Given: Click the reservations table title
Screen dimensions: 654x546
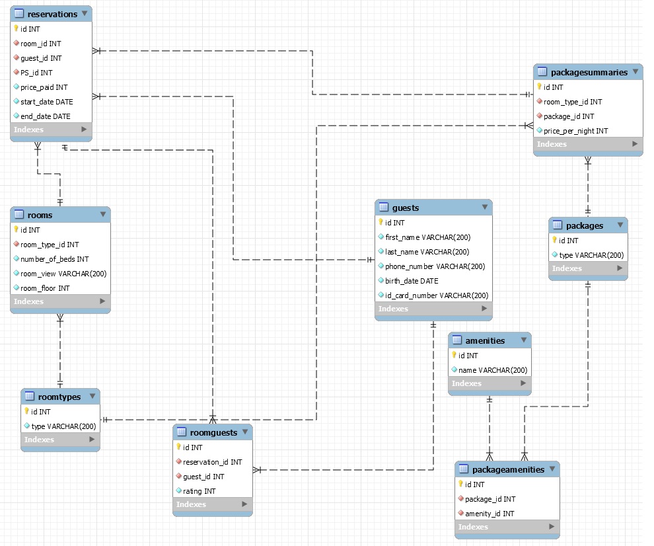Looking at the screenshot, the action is point(52,14).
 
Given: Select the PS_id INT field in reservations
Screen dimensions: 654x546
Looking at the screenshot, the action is point(36,73).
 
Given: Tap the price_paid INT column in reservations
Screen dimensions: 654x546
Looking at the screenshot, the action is point(44,87).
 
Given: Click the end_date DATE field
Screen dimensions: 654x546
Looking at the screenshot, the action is point(45,116).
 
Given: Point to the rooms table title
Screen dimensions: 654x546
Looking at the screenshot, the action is point(40,215).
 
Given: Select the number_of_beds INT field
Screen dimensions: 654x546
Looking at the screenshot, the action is point(55,259).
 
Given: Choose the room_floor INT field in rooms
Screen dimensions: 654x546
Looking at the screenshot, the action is point(45,288).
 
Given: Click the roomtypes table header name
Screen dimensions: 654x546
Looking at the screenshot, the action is point(59,397).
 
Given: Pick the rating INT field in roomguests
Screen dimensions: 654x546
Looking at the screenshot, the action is point(199,491).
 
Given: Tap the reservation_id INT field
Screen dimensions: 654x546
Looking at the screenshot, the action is point(212,462).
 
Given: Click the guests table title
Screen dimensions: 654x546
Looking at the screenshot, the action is point(406,208).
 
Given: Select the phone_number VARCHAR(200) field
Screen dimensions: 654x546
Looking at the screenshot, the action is point(435,266).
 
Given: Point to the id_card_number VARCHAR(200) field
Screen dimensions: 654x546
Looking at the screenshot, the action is point(437,295).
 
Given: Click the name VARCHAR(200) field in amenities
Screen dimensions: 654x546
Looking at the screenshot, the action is point(493,370).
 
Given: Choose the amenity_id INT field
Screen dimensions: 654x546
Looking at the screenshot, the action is point(490,514).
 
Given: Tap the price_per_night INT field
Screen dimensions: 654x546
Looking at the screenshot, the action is point(575,131).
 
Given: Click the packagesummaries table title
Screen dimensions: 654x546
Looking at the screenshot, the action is point(589,73).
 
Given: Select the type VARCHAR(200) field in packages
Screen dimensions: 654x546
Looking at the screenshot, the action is point(591,255).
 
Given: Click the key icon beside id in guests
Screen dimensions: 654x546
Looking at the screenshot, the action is point(381,222).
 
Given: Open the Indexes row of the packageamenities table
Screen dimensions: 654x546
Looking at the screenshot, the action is point(507,527).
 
